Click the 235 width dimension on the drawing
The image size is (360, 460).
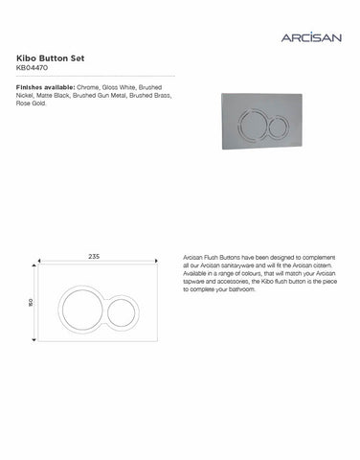[93, 257]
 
